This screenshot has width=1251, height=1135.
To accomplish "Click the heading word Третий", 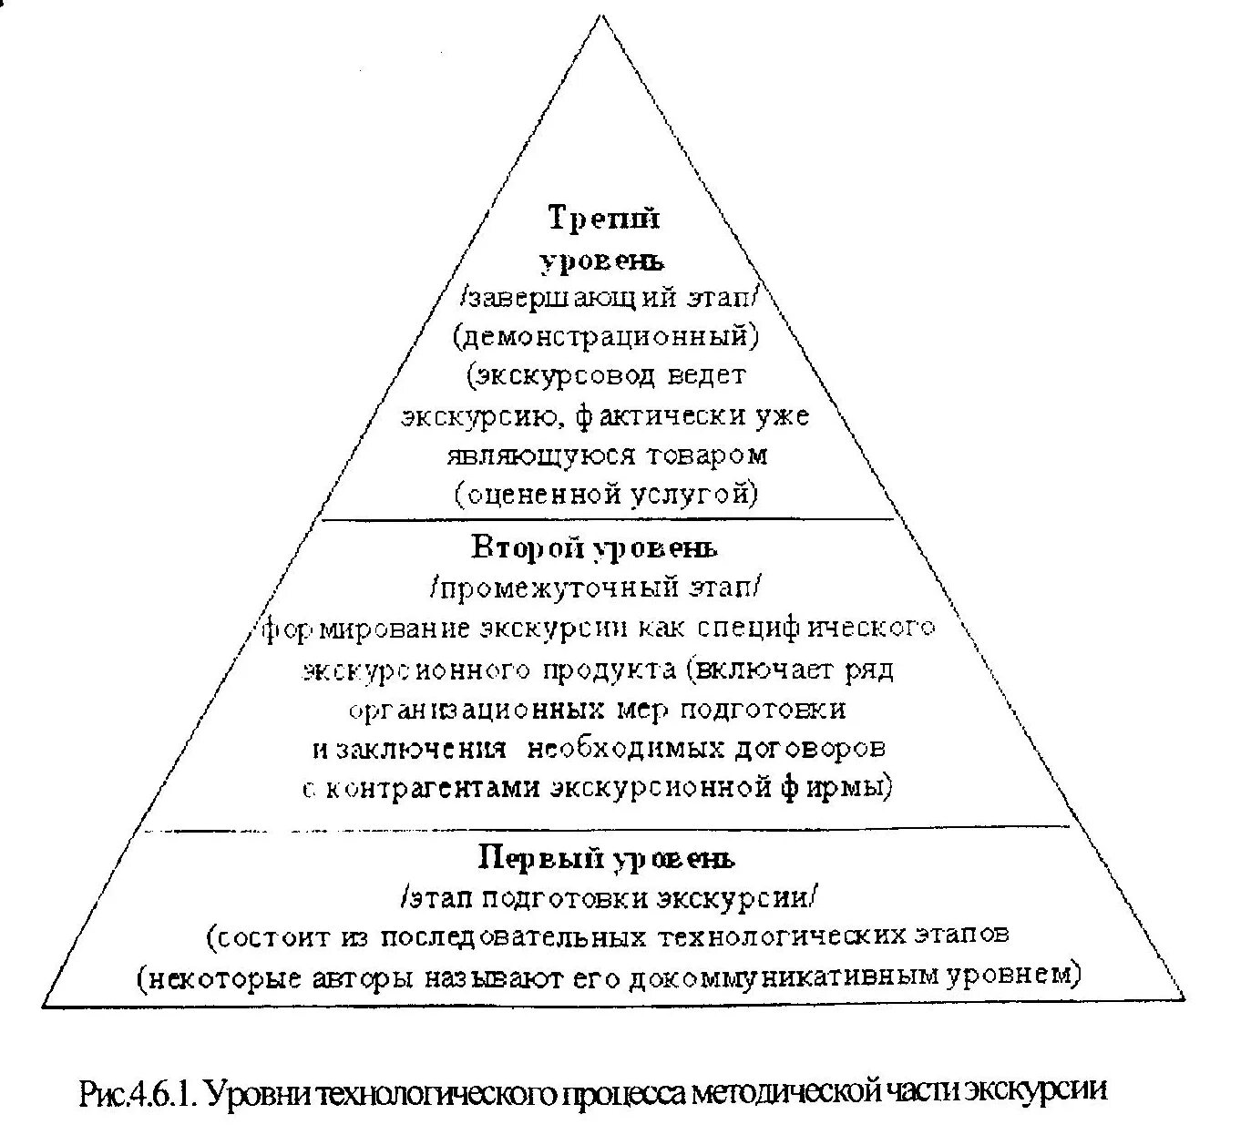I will coord(604,219).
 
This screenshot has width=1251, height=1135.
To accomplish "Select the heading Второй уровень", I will coord(594,547).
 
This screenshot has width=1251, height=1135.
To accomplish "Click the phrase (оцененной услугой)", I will coord(606,494).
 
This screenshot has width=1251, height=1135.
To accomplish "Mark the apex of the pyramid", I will coord(600,15).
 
